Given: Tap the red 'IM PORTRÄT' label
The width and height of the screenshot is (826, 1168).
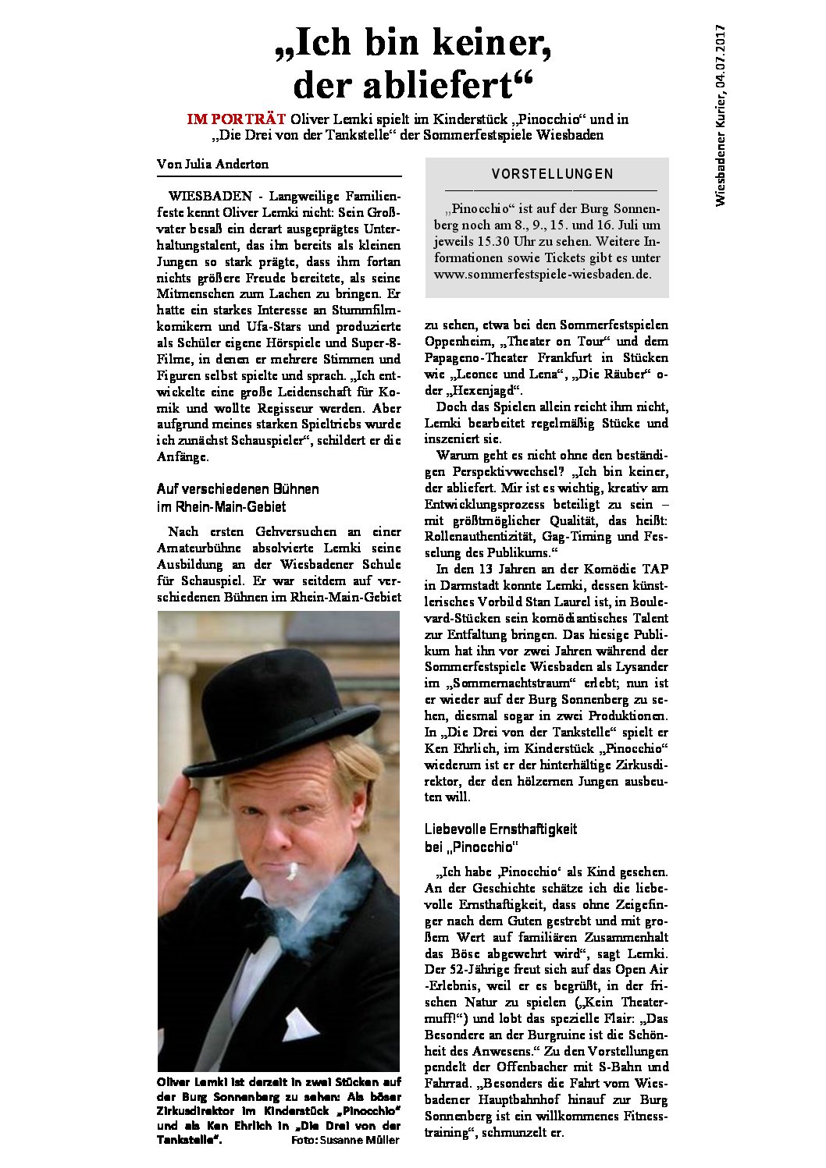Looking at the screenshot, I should [236, 119].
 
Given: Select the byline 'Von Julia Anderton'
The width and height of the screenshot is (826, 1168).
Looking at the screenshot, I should [212, 164].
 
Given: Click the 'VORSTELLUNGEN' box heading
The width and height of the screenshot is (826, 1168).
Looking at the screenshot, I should [552, 174].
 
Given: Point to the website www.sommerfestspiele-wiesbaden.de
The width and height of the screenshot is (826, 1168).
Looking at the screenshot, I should [543, 275].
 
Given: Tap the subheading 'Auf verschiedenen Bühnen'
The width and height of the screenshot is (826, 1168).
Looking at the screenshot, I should [237, 489].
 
